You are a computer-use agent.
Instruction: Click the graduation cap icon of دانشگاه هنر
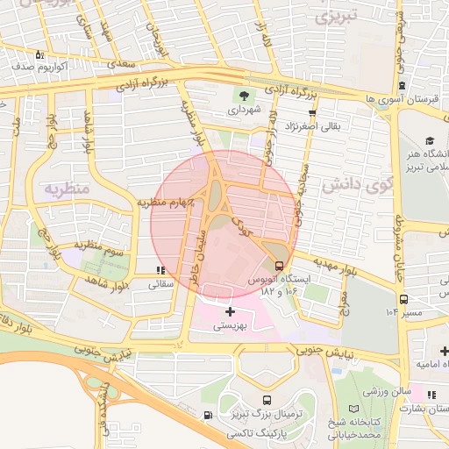point(430,140)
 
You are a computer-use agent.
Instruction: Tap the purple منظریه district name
point(67,189)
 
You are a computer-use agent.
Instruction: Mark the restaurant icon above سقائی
point(159,270)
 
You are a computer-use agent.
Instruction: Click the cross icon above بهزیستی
point(230,311)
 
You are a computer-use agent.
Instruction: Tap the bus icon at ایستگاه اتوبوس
point(279,265)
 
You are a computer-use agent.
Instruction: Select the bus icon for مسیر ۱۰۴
point(403,298)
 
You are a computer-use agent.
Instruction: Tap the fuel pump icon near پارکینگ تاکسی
point(207,416)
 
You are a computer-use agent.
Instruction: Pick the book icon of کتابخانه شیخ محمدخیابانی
point(353,410)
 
